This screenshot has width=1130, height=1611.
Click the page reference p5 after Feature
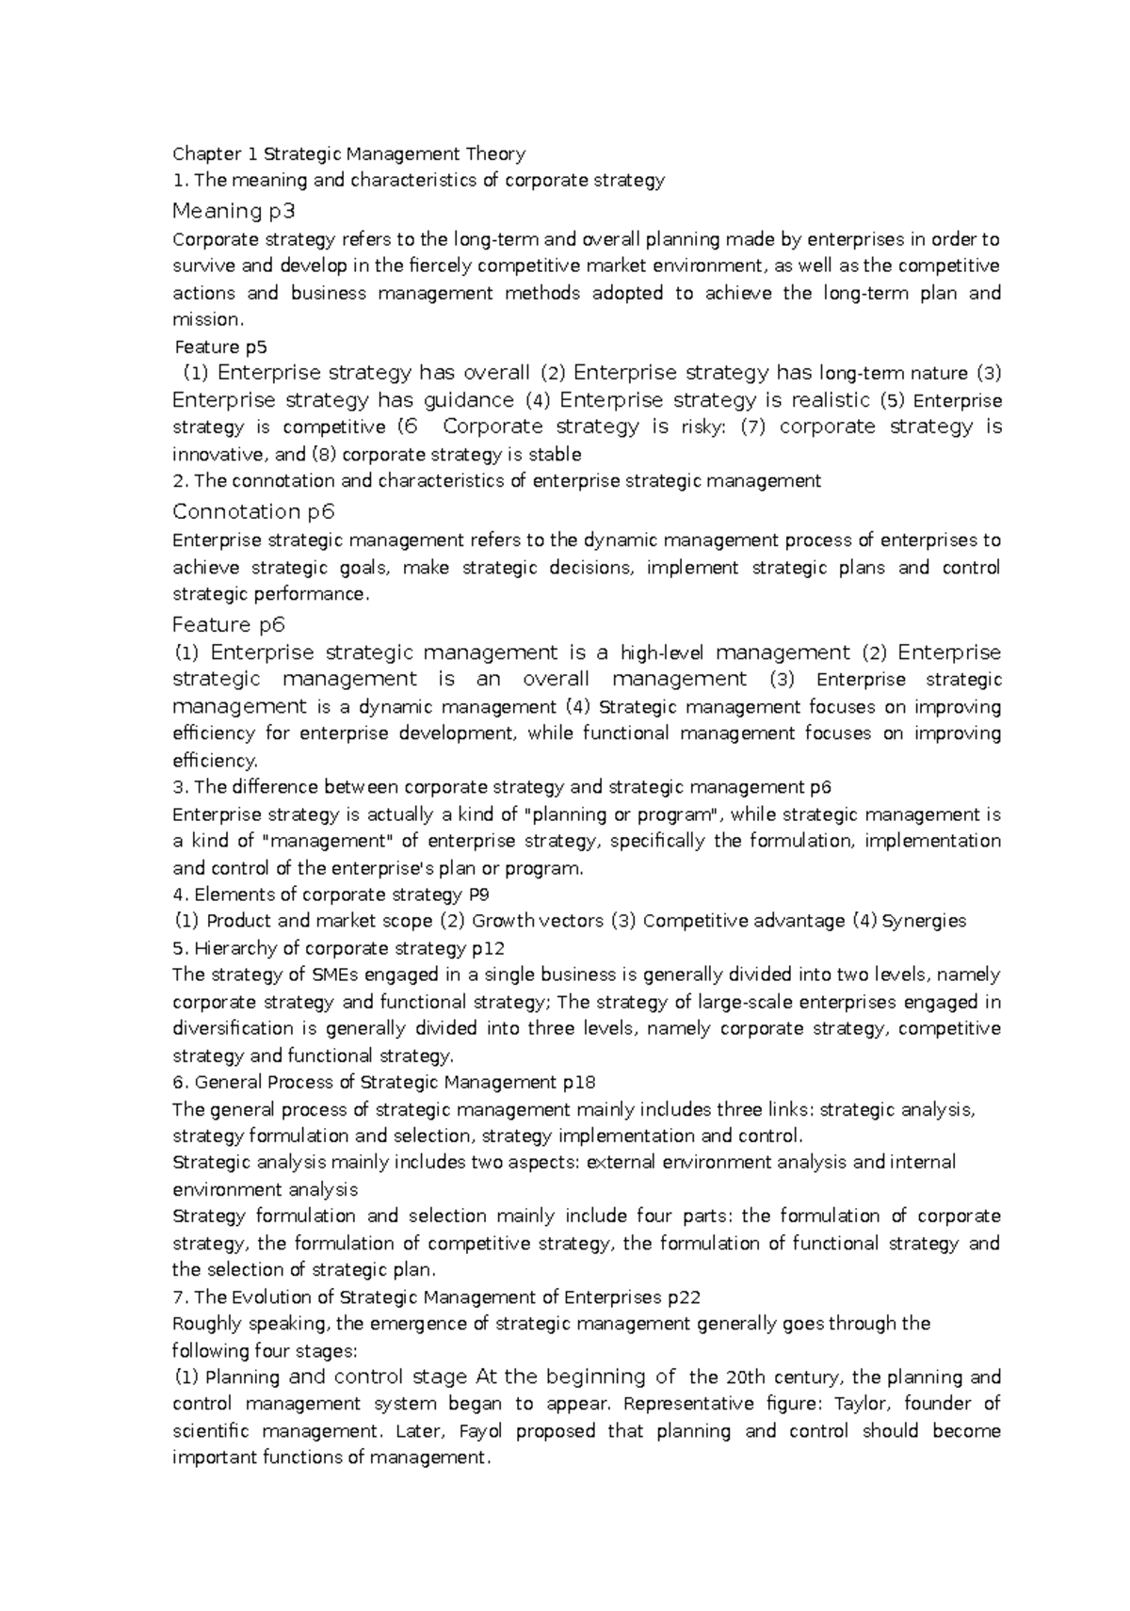point(256,346)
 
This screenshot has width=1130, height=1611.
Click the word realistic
point(820,400)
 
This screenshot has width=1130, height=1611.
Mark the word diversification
point(233,1028)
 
